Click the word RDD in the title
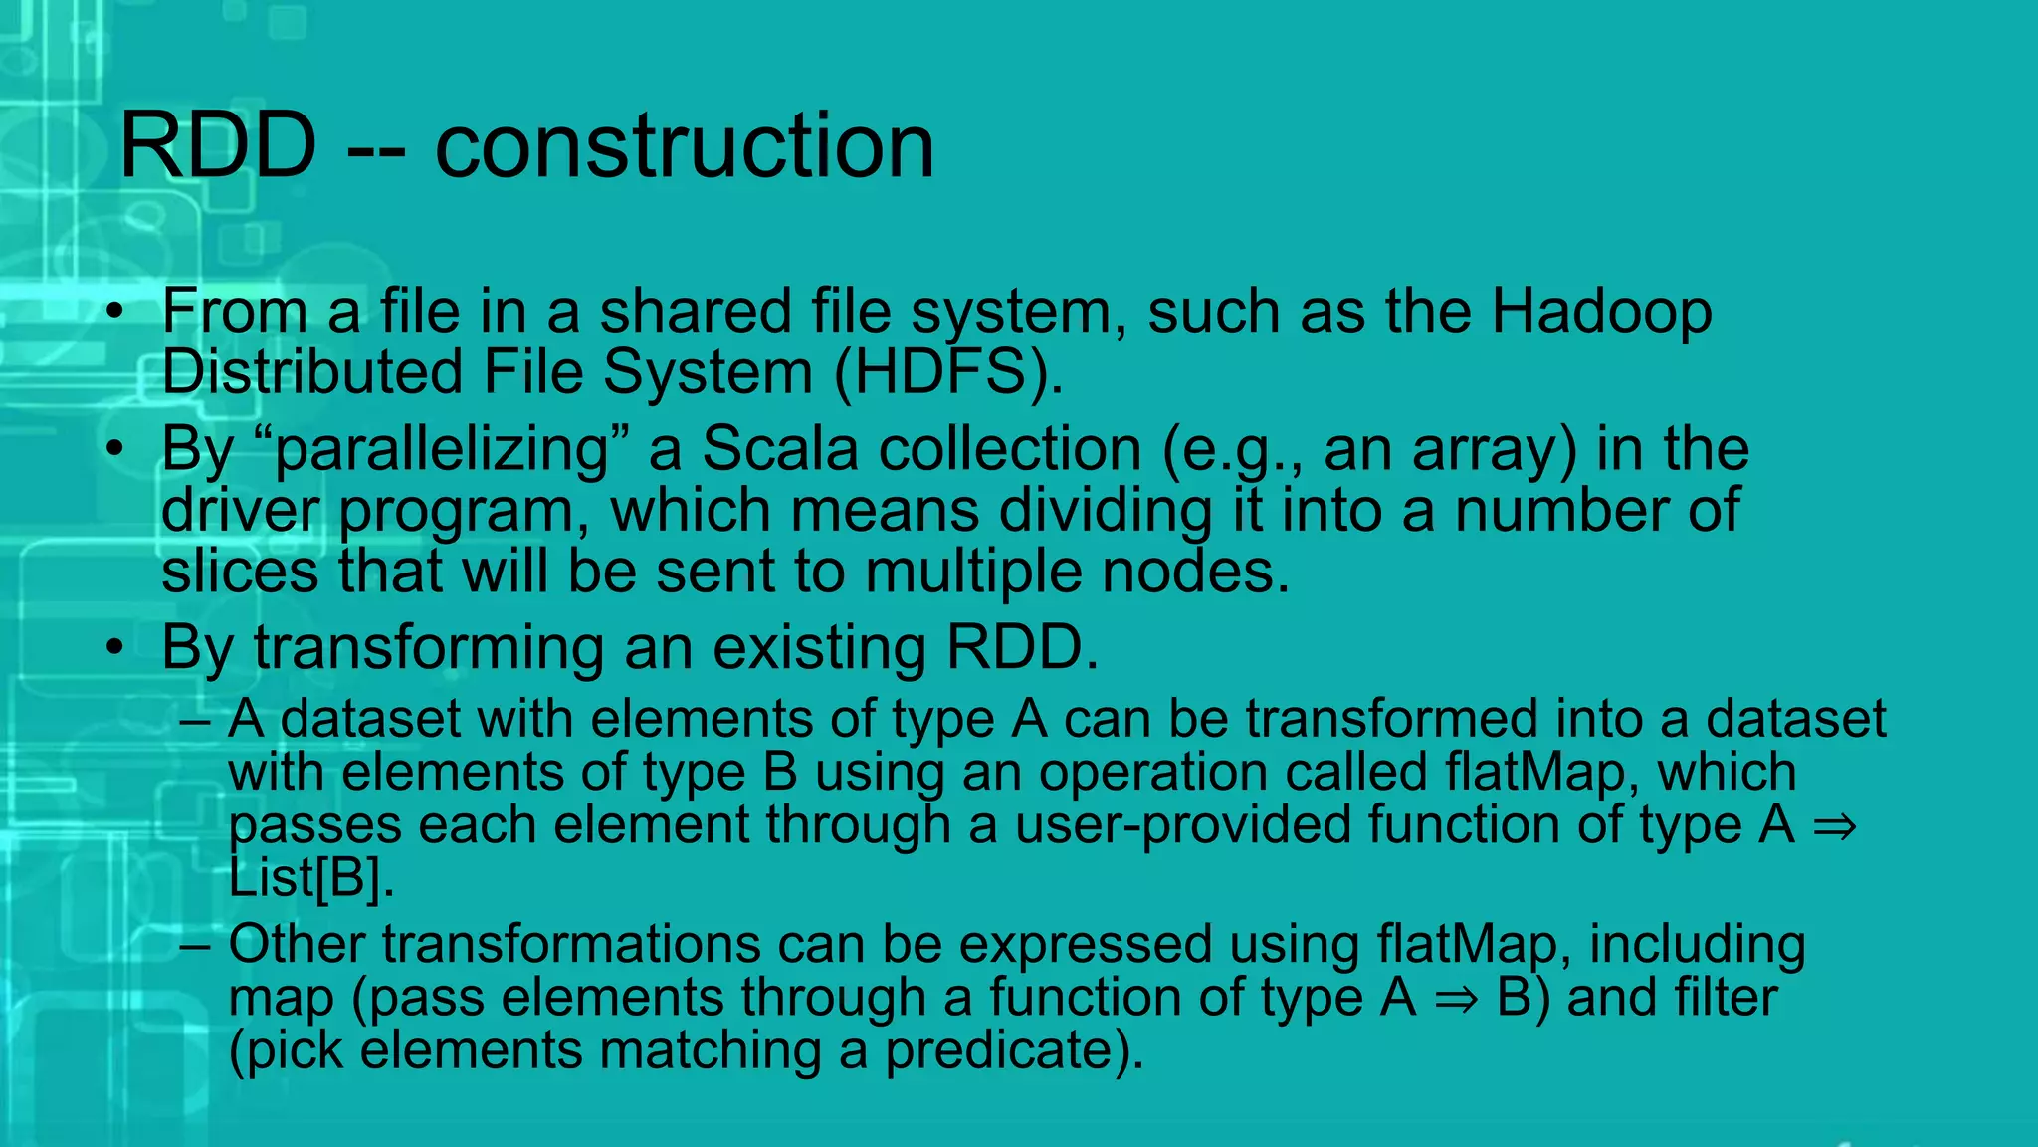(x=218, y=146)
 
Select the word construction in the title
(x=685, y=146)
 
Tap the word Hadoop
(x=1601, y=312)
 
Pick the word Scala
(x=779, y=449)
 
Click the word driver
(x=240, y=510)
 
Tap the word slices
(x=240, y=572)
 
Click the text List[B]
(x=311, y=878)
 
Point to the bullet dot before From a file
(x=116, y=312)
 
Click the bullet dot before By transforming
(x=116, y=648)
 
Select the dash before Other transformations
(x=195, y=944)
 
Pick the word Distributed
(x=310, y=372)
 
